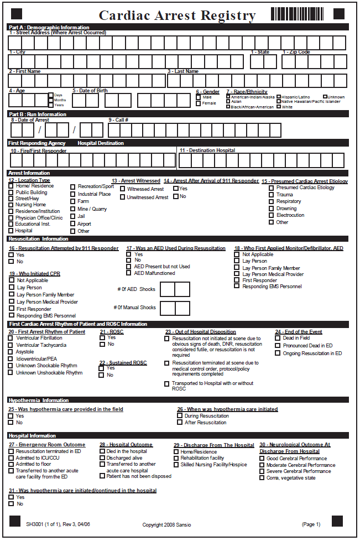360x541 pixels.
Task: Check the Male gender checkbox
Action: click(199, 97)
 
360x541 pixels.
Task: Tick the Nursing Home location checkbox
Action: click(11, 205)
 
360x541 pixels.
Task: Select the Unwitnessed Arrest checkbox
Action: click(122, 197)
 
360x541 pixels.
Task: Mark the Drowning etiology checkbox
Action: click(271, 209)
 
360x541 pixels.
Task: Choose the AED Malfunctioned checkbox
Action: click(129, 273)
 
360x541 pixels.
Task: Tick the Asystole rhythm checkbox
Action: click(11, 352)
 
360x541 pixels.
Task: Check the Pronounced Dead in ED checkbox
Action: click(278, 346)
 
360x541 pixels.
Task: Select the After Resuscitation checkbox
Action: click(180, 423)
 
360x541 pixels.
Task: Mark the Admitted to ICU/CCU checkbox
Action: click(11, 457)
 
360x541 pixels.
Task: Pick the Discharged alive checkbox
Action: click(102, 458)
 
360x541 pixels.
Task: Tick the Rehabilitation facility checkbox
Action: click(176, 458)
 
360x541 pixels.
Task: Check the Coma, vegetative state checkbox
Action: click(262, 478)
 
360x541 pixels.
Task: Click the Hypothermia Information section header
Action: click(39, 400)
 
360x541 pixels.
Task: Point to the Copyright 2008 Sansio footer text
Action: click(166, 524)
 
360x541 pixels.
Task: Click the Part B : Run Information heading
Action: click(38, 114)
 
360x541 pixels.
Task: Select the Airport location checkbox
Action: click(73, 224)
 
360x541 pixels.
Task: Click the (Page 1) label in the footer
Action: click(311, 524)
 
